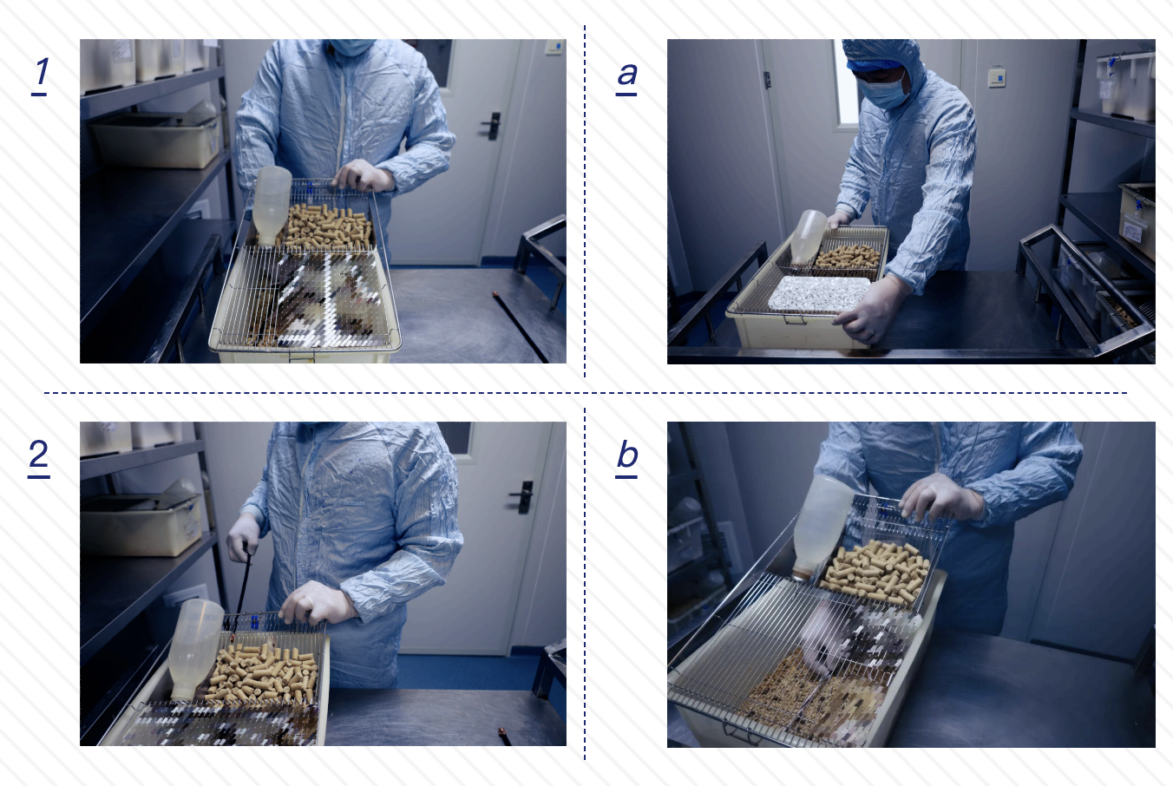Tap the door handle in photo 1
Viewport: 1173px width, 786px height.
click(x=492, y=126)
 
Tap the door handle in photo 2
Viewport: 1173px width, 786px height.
click(x=522, y=497)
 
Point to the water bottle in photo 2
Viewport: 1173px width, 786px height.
click(x=195, y=648)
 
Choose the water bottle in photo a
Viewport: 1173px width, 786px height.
click(x=808, y=237)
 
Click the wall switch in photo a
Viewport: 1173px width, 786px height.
click(x=997, y=77)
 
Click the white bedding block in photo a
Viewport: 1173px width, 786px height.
click(x=819, y=294)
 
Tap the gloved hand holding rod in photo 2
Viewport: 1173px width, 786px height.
click(x=242, y=537)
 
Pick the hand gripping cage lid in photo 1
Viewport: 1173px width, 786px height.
click(x=364, y=175)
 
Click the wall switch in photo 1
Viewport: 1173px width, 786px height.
click(x=554, y=47)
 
